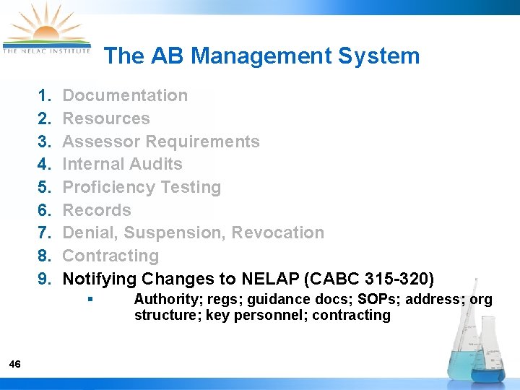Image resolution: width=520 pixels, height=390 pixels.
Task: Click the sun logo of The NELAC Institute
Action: pyautogui.click(x=45, y=29)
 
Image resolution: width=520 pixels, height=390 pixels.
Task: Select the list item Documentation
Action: pyautogui.click(x=125, y=95)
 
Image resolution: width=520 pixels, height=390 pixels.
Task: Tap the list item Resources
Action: pyautogui.click(x=106, y=118)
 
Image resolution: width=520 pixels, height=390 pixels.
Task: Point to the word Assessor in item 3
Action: pyautogui.click(x=97, y=142)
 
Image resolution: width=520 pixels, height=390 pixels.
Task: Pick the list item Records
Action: pyautogui.click(x=97, y=210)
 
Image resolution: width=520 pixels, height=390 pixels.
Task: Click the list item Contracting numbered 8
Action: pyautogui.click(x=110, y=256)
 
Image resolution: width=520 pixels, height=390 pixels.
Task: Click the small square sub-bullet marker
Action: pyautogui.click(x=89, y=299)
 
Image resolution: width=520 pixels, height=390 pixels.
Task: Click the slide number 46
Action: pyautogui.click(x=15, y=364)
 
